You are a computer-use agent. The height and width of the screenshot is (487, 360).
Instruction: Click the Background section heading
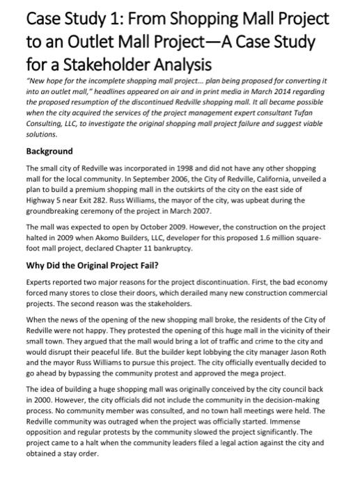click(x=49, y=151)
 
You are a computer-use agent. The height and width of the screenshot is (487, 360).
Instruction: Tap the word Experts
click(x=40, y=282)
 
